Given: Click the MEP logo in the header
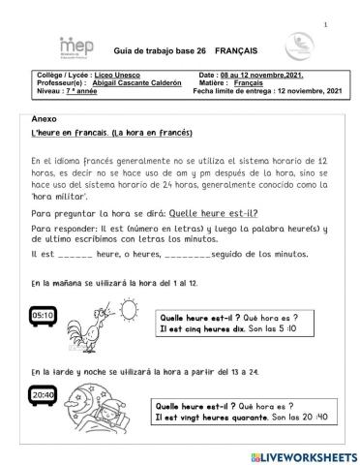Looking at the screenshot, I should tap(45, 46).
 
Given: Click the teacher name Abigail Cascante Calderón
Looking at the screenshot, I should tap(136, 84).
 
